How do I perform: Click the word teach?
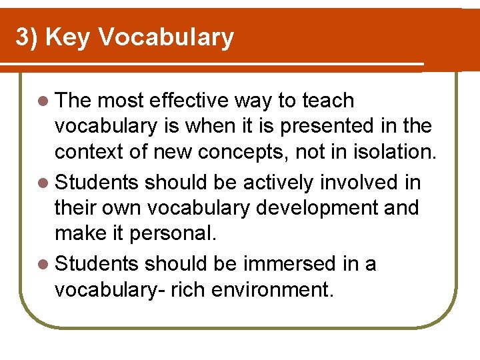coord(328,101)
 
